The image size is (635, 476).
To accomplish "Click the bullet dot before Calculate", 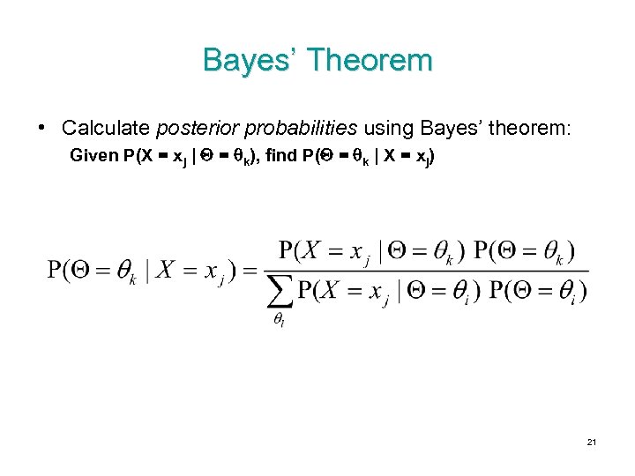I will pos(43,127).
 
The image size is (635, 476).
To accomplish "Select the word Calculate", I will pos(105,128).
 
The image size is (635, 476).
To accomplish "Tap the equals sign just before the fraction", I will pos(249,271).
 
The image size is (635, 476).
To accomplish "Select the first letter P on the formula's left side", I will pos(55,270).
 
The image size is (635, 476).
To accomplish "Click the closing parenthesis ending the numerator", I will pos(571,250).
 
